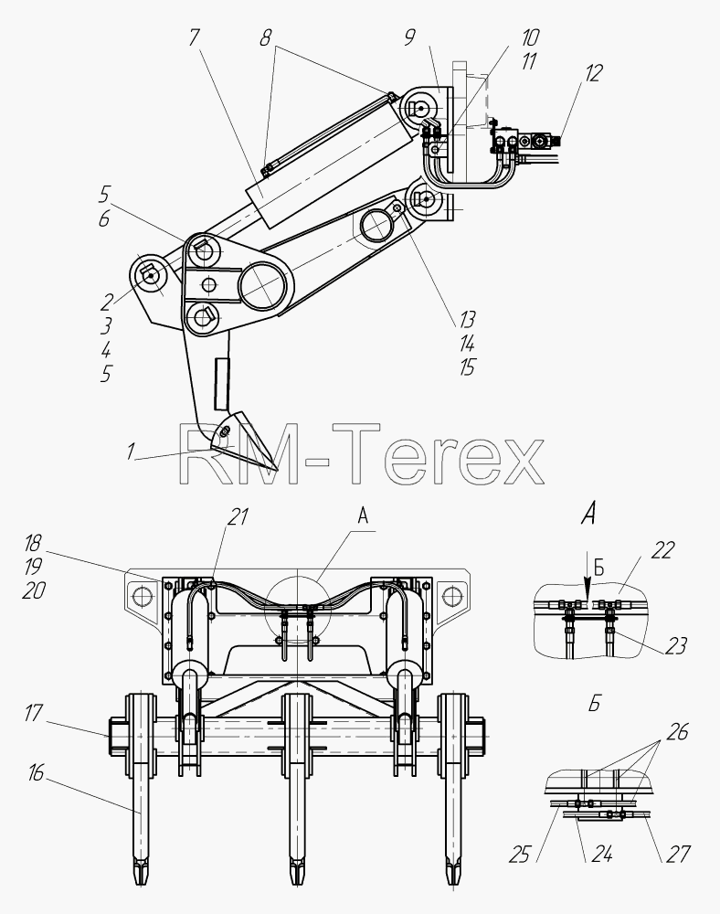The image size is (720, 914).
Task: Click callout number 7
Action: tap(194, 37)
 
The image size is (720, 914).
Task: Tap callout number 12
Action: tap(593, 73)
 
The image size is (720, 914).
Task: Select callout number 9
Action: tap(409, 37)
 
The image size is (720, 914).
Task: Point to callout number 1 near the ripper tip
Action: tap(131, 451)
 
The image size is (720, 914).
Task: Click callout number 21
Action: tap(238, 516)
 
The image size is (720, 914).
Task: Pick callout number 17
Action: tap(34, 712)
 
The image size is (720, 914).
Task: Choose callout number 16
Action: tap(36, 772)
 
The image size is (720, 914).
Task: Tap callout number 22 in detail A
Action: tap(662, 549)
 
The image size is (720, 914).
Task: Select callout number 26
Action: tap(677, 731)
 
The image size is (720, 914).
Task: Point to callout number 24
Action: tap(602, 855)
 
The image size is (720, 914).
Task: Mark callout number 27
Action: tap(678, 854)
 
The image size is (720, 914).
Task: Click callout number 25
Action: tap(519, 855)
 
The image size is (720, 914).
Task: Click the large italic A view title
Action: tap(589, 514)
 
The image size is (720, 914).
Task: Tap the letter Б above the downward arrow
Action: tap(598, 569)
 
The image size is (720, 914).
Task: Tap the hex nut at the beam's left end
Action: tap(116, 736)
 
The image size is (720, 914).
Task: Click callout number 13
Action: tap(467, 319)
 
